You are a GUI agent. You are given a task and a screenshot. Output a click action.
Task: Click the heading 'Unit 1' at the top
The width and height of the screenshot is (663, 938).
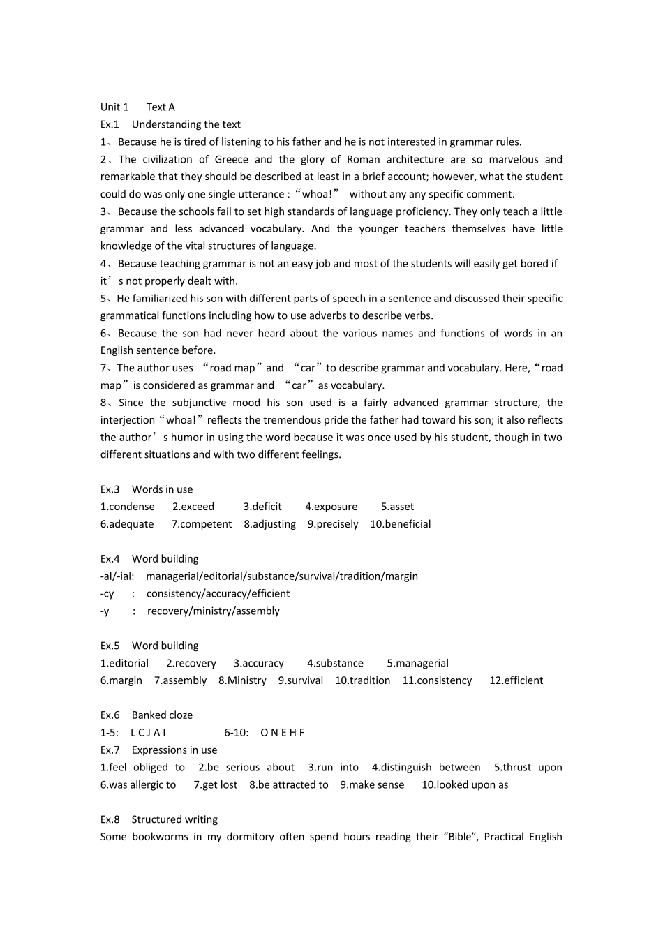pyautogui.click(x=114, y=107)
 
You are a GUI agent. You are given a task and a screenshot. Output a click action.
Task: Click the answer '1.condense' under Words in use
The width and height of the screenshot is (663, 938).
pyautogui.click(x=128, y=507)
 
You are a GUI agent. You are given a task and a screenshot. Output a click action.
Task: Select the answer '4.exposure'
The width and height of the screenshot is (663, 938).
pyautogui.click(x=331, y=507)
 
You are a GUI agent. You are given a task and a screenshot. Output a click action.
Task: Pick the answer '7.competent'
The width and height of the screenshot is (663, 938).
pyautogui.click(x=202, y=524)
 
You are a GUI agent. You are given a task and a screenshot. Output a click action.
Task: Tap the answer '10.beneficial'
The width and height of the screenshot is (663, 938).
pyautogui.click(x=400, y=524)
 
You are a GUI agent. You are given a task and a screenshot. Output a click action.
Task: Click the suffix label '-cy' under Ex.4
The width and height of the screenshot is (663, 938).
pyautogui.click(x=107, y=594)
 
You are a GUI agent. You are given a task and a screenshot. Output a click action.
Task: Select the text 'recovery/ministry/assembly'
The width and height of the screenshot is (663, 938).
pyautogui.click(x=213, y=611)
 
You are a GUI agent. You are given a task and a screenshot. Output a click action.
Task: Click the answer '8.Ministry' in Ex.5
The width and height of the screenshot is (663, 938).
pyautogui.click(x=242, y=680)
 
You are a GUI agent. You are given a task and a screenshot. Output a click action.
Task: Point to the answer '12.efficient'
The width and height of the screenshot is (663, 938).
pyautogui.click(x=516, y=680)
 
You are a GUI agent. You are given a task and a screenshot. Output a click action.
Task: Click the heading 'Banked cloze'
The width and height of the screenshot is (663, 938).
pyautogui.click(x=162, y=715)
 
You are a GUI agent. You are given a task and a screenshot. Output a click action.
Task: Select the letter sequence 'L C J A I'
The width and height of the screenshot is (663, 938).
pyautogui.click(x=148, y=733)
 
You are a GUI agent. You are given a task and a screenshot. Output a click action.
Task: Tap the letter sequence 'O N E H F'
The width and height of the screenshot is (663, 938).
pyautogui.click(x=282, y=733)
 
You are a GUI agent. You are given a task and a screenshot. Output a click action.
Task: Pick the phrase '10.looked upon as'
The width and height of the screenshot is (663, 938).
pyautogui.click(x=465, y=784)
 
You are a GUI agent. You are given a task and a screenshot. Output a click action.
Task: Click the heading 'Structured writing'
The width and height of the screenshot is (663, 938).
pyautogui.click(x=174, y=819)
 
